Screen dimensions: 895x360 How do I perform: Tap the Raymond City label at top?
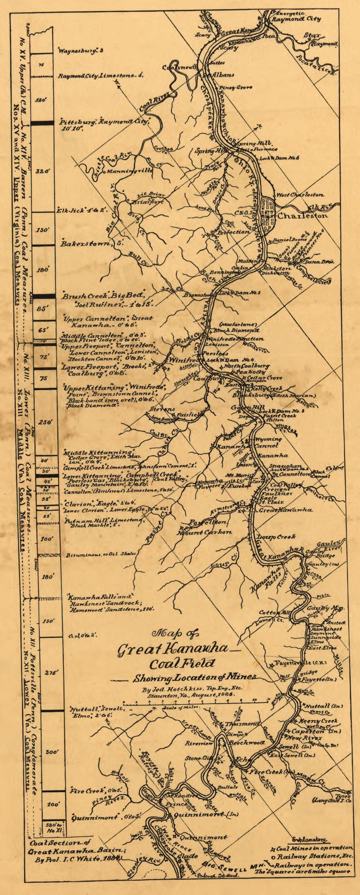pos(296,19)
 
